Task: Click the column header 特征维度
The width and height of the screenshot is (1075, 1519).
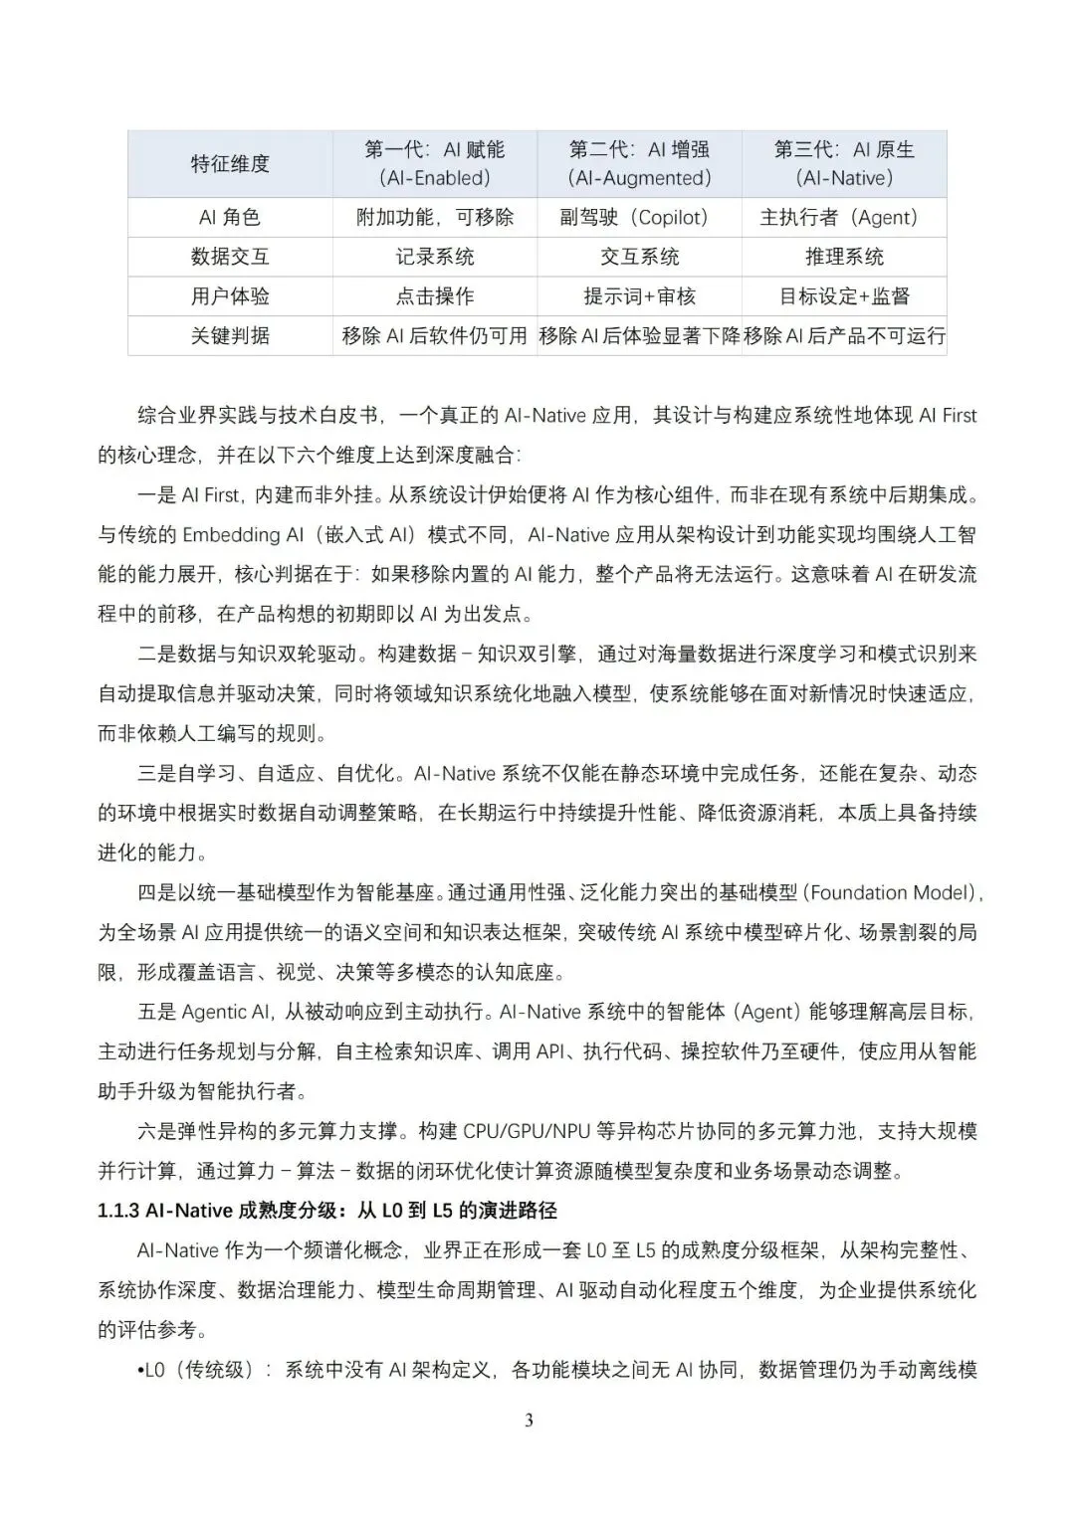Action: click(x=230, y=164)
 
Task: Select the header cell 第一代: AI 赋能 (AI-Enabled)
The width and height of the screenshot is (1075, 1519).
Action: click(x=435, y=164)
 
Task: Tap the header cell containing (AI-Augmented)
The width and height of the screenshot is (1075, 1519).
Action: click(x=639, y=164)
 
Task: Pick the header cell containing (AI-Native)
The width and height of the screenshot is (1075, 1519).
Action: click(x=844, y=164)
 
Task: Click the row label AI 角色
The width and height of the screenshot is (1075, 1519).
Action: click(x=230, y=218)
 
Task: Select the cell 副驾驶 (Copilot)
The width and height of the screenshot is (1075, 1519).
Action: click(x=639, y=218)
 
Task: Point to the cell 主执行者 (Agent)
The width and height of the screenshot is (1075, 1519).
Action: click(x=844, y=218)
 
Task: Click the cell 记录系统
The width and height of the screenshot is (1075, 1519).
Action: click(x=435, y=257)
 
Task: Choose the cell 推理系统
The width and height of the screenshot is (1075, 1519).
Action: click(x=844, y=257)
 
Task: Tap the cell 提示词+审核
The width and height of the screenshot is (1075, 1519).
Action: click(x=639, y=296)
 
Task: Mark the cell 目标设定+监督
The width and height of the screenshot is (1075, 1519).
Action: click(x=844, y=296)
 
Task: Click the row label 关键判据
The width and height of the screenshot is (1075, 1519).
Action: click(x=230, y=336)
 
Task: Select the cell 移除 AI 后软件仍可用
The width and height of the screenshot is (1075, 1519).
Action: click(x=435, y=336)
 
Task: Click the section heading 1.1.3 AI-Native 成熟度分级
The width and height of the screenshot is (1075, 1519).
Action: click(x=327, y=1211)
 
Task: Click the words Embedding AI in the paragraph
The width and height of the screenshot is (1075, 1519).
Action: click(x=243, y=535)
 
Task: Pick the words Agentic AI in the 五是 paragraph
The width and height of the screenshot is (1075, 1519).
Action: click(x=226, y=1012)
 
